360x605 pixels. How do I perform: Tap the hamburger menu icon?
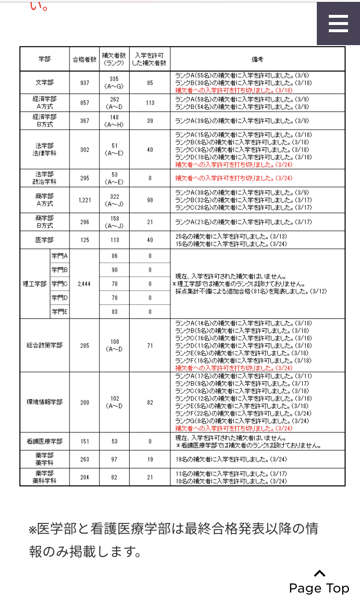[x=338, y=23]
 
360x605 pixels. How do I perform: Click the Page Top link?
[x=319, y=583]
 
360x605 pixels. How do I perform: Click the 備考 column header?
[x=257, y=59]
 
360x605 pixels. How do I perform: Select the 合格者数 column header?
[x=84, y=59]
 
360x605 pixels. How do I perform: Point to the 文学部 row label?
[x=45, y=83]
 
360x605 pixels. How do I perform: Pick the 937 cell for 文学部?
[x=84, y=83]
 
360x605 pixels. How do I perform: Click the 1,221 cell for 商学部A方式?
[x=84, y=200]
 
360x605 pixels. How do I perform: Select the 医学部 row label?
[x=45, y=240]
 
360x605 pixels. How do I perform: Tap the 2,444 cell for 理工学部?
[x=84, y=284]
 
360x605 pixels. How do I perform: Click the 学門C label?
[x=60, y=284]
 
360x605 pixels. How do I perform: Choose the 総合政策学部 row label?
[x=45, y=345]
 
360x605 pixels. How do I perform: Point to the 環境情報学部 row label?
[x=45, y=402]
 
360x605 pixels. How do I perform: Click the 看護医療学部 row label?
[x=45, y=441]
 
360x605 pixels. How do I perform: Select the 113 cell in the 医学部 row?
[x=114, y=240]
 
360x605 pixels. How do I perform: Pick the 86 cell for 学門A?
[x=114, y=256]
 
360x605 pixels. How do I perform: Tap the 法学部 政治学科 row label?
[x=45, y=178]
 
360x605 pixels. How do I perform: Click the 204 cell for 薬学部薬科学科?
[x=84, y=477]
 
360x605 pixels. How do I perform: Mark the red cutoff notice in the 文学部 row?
[x=220, y=90]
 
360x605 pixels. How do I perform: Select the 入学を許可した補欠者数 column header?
[x=150, y=59]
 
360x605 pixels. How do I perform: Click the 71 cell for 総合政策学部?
[x=150, y=345]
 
